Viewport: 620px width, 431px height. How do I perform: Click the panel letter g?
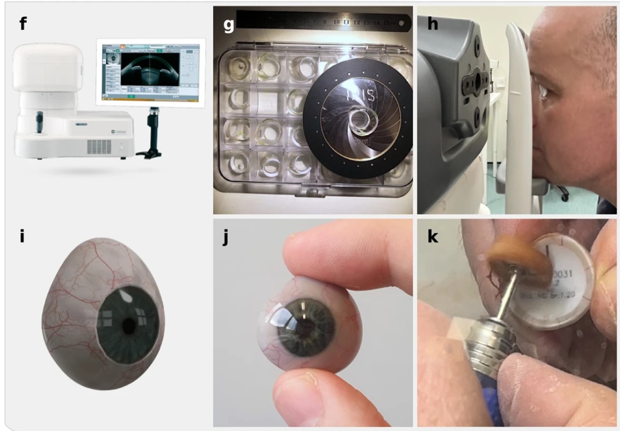pos(229,24)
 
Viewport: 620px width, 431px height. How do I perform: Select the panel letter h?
pos(433,24)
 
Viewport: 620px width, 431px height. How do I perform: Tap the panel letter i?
pos(22,236)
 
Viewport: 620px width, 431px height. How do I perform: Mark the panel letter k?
pos(433,238)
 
